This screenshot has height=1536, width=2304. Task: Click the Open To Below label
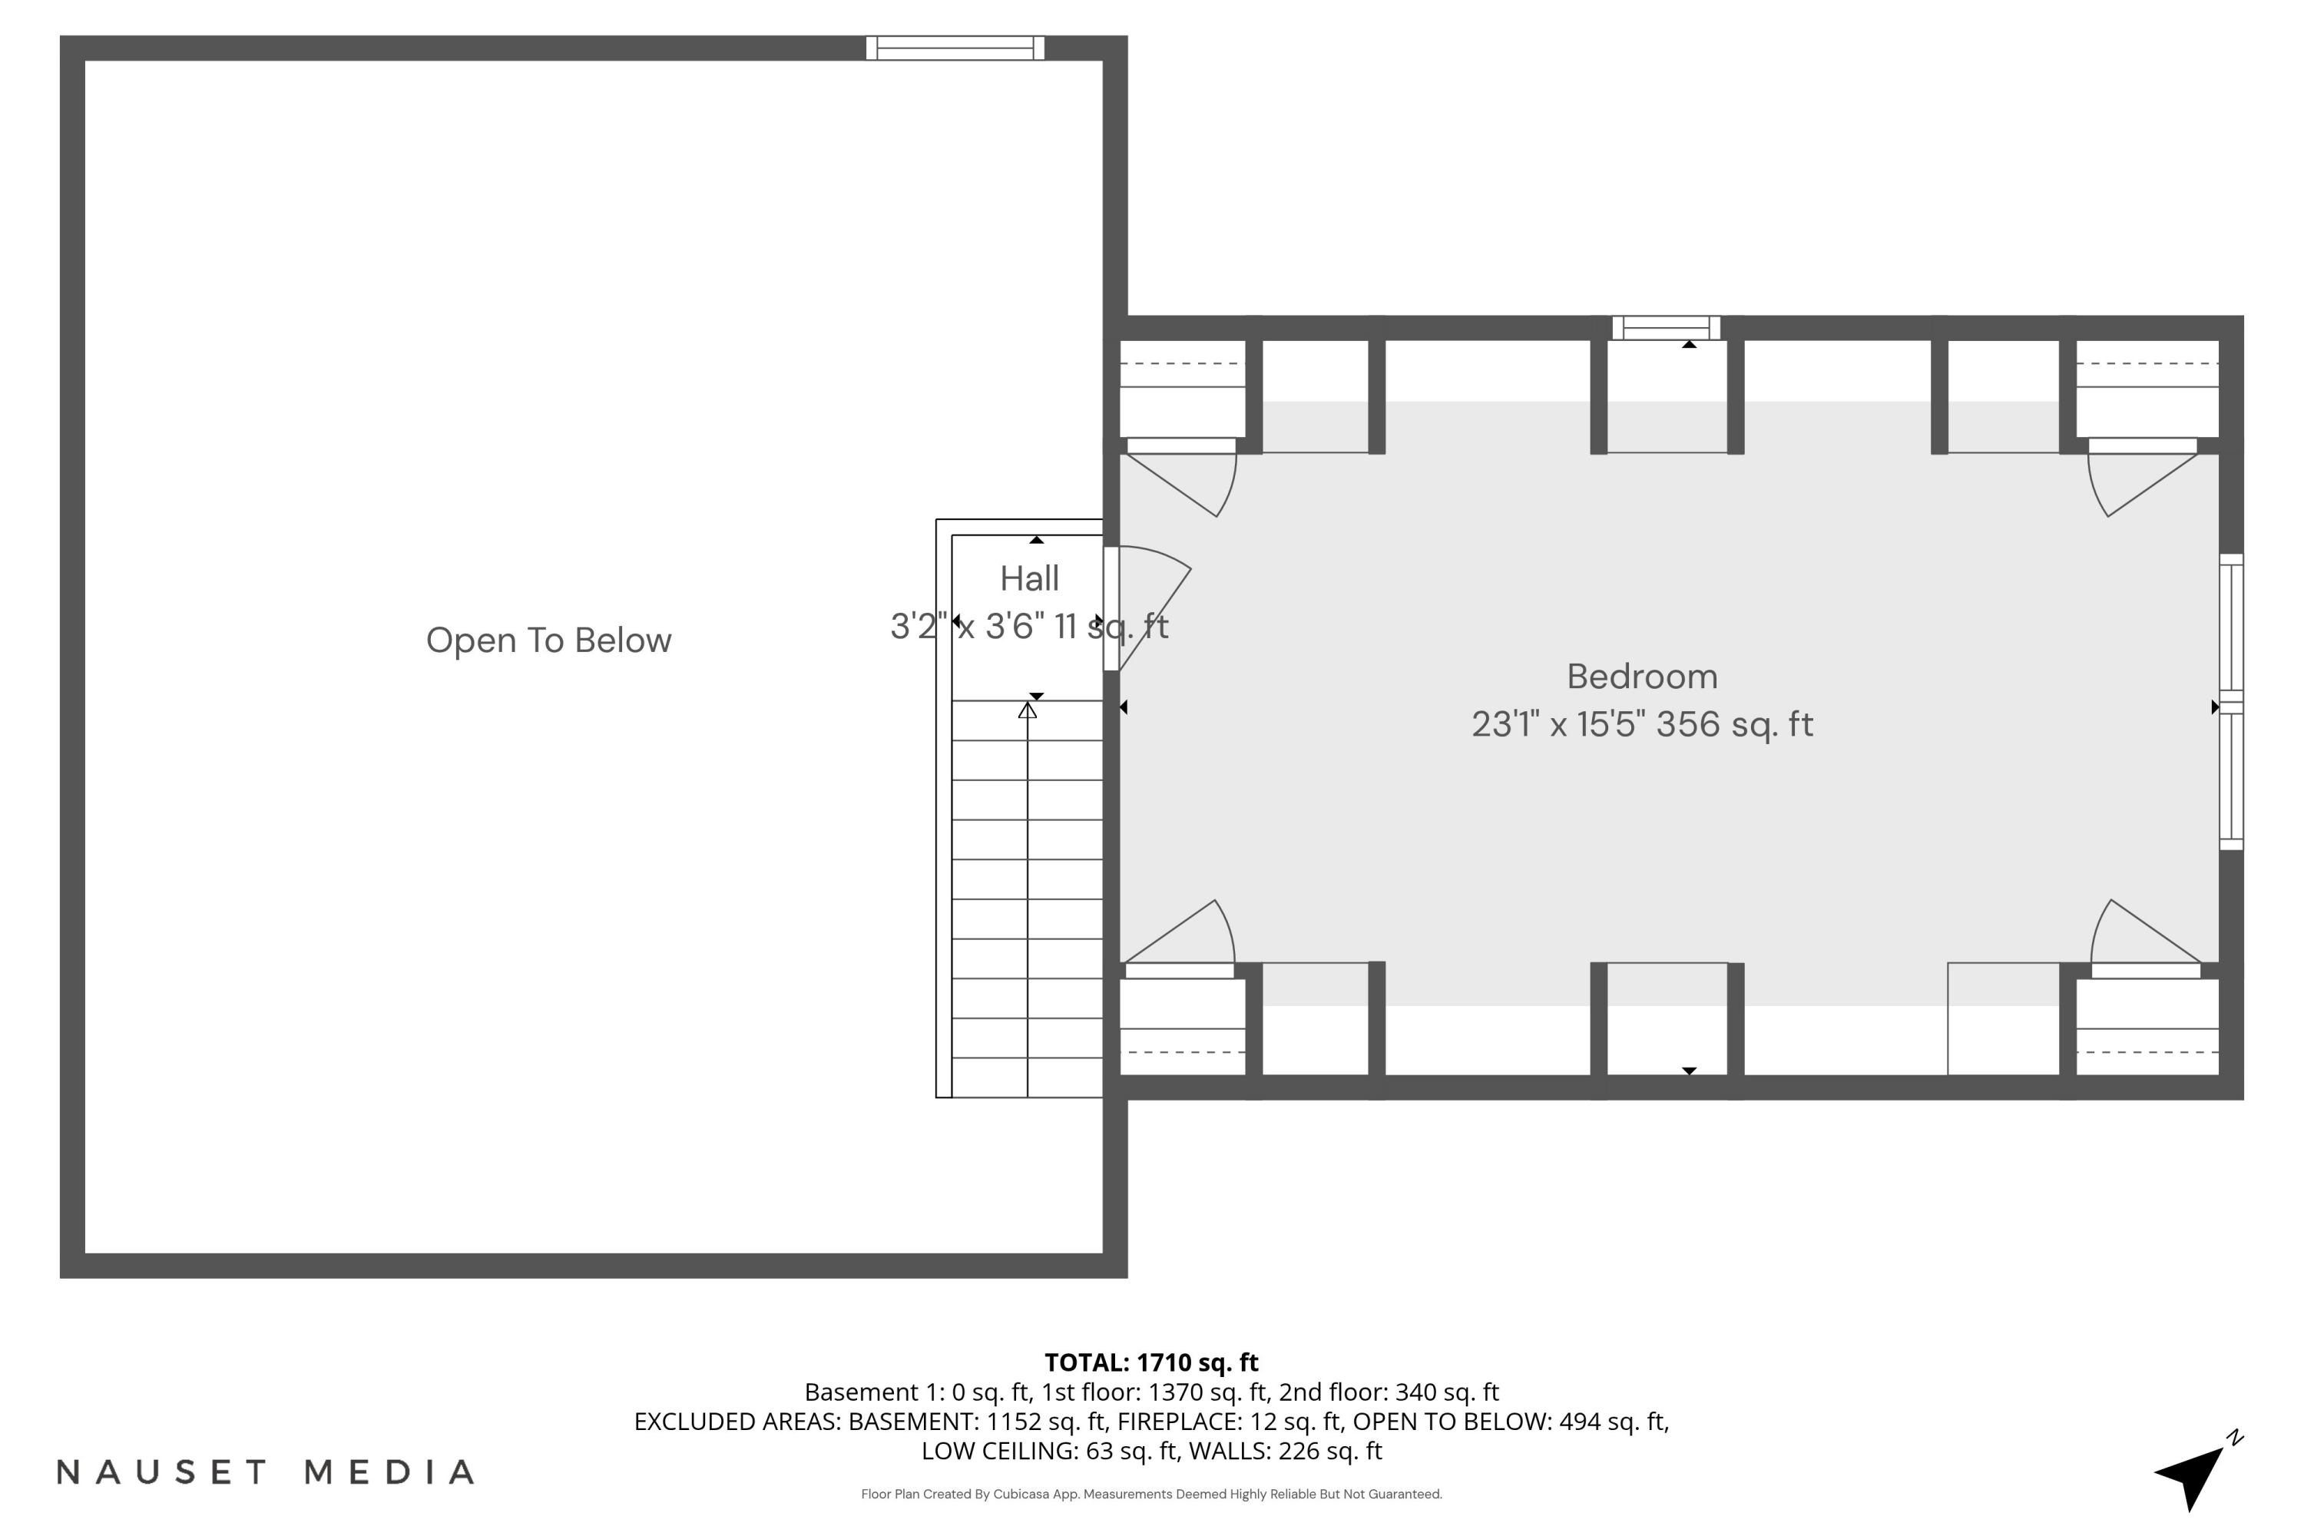548,641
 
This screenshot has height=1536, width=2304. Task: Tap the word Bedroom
1642,677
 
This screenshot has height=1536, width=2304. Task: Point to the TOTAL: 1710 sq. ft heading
1151,1362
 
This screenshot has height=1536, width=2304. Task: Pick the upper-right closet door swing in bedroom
2136,480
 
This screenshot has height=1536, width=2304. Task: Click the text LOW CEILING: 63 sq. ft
1049,1451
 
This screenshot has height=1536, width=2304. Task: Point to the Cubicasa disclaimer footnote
1151,1494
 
